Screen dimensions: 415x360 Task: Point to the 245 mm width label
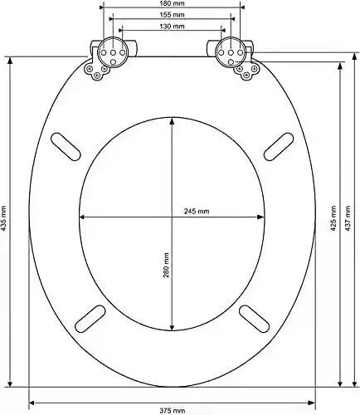[197, 212]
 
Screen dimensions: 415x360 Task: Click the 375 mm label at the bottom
[173, 410]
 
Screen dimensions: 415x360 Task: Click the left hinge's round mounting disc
[109, 54]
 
